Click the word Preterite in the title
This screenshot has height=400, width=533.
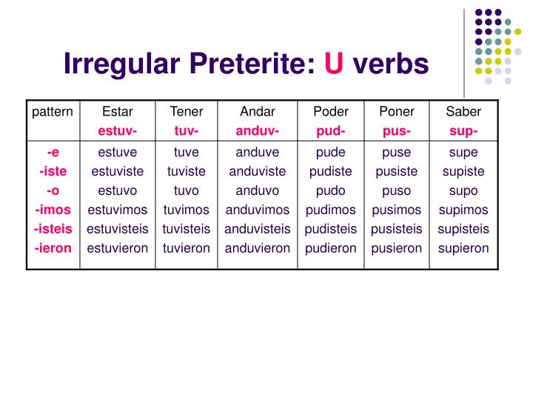pos(246,64)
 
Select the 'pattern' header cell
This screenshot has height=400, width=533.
pos(53,112)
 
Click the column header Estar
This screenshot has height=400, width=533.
pos(118,112)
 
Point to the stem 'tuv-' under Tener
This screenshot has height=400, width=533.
pos(187,131)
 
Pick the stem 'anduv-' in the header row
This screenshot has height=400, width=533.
pos(258,131)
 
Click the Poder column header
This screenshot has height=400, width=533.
pos(331,112)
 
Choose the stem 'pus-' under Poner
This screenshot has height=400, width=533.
pos(397,131)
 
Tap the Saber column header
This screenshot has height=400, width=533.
pos(463,112)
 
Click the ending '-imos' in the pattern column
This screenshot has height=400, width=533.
pos(53,210)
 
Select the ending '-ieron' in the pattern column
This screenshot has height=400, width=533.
pos(53,248)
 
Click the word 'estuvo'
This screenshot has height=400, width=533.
pos(118,190)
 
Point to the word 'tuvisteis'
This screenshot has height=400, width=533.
pos(187,229)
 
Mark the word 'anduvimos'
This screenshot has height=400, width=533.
pos(258,210)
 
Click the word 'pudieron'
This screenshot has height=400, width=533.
pos(331,248)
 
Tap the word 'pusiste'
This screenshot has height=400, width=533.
pos(397,171)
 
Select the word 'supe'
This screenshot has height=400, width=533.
pos(463,152)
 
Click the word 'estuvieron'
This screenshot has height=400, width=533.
pos(118,248)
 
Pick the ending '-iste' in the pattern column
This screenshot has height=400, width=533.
pos(53,171)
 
